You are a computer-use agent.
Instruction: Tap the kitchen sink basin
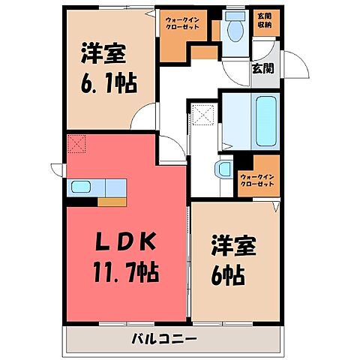pyautogui.click(x=80, y=187)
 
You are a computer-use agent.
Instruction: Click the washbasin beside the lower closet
pyautogui.click(x=223, y=169)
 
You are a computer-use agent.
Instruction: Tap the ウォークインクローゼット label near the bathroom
pyautogui.click(x=256, y=181)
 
